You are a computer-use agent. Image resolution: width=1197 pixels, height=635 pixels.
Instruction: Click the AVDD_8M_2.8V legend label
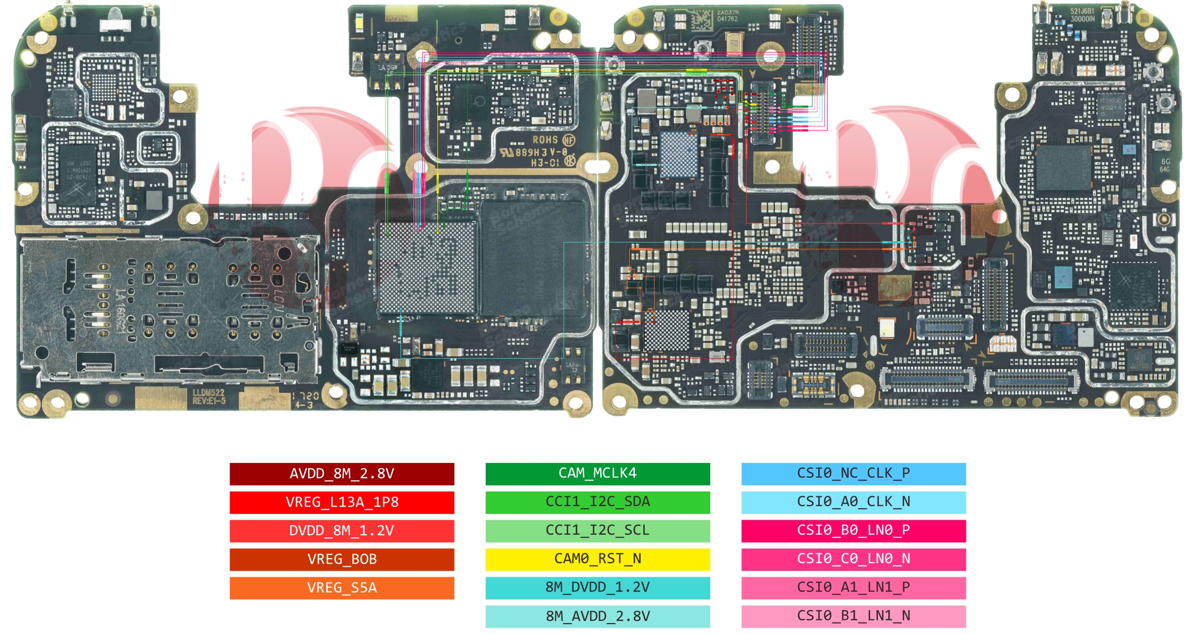[342, 473]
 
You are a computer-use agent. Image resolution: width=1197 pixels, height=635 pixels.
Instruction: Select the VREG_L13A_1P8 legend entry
[342, 502]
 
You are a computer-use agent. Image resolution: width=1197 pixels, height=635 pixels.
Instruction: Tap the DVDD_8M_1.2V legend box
[342, 531]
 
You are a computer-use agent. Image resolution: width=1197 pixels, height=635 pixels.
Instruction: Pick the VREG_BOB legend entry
[342, 559]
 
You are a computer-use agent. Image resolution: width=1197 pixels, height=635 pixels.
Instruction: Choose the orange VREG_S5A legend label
[342, 588]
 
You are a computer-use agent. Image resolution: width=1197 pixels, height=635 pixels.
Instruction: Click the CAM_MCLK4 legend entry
[597, 473]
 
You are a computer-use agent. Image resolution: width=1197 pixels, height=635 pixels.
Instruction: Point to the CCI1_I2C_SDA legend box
[597, 502]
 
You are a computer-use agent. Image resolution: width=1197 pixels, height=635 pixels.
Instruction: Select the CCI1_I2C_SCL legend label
[597, 531]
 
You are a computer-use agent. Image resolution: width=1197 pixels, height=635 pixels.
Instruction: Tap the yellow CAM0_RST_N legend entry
[597, 559]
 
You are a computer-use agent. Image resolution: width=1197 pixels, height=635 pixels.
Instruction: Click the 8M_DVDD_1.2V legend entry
[597, 588]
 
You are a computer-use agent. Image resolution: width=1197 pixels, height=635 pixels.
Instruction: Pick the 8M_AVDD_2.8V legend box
[597, 616]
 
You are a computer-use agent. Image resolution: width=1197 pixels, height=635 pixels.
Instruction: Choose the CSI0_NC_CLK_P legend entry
[853, 473]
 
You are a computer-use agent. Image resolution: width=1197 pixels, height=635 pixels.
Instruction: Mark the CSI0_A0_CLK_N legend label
[853, 502]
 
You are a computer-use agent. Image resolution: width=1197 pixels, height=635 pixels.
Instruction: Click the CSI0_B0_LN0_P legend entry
[853, 531]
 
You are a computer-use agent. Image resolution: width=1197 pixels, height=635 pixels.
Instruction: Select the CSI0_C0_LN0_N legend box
[853, 559]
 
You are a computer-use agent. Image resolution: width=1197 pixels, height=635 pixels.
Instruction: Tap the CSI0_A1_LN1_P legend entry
[853, 588]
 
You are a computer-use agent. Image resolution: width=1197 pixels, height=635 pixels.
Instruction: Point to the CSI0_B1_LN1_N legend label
[853, 616]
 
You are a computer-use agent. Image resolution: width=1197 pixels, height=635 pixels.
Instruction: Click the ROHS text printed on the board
[545, 140]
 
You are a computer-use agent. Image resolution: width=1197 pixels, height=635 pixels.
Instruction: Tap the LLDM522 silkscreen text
[208, 393]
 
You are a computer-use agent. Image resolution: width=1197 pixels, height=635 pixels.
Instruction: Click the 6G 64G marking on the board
[1165, 165]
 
